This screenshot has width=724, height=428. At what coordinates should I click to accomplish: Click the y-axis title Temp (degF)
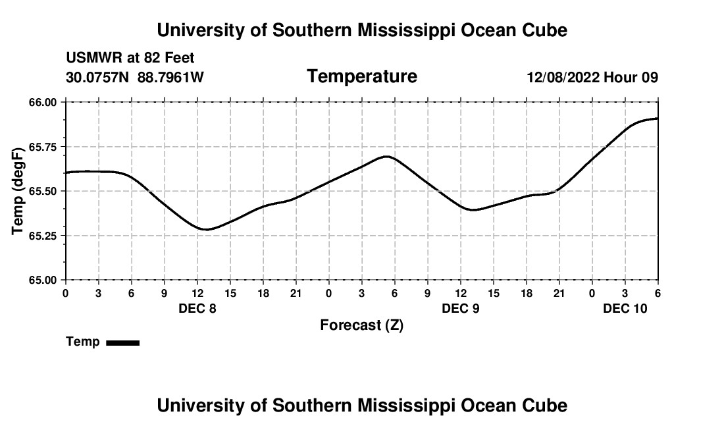(x=18, y=191)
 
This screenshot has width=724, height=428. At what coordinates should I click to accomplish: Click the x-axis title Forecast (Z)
(x=361, y=325)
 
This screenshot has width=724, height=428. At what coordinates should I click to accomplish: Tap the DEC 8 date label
(x=197, y=308)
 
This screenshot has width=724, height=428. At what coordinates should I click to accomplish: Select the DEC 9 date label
(x=461, y=308)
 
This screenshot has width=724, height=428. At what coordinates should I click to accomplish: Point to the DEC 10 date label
(x=625, y=308)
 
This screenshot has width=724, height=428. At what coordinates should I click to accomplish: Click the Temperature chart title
(x=362, y=76)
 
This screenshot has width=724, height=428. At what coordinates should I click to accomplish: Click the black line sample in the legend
(x=123, y=342)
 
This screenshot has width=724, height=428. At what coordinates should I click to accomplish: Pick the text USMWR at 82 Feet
(x=130, y=59)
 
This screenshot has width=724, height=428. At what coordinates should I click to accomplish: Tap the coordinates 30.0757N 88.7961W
(x=135, y=77)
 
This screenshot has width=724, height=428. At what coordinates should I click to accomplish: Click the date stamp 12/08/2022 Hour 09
(x=592, y=77)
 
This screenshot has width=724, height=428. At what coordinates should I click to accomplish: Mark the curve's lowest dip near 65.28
(x=206, y=230)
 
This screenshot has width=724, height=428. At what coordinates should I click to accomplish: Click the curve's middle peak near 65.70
(x=387, y=156)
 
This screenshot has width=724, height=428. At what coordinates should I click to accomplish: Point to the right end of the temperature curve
(x=658, y=119)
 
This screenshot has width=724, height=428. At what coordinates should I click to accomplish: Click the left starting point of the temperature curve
(x=66, y=173)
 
